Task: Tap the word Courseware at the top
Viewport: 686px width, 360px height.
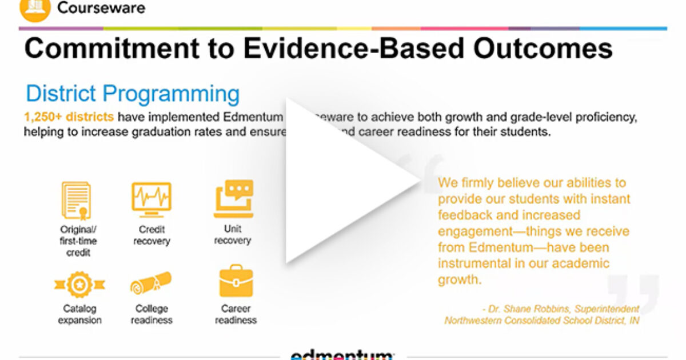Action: click(x=101, y=8)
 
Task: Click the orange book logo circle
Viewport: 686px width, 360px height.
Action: click(x=35, y=8)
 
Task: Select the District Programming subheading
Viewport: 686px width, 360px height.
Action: click(x=133, y=94)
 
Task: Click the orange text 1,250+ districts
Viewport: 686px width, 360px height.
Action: click(x=69, y=117)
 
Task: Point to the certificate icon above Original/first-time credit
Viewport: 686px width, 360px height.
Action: click(x=76, y=201)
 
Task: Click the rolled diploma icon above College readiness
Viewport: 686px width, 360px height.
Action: click(x=151, y=283)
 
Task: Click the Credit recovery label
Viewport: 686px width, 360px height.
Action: click(x=151, y=235)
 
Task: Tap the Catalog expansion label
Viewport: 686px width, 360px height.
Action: click(x=79, y=315)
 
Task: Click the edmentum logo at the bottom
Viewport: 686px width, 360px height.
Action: click(x=342, y=355)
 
